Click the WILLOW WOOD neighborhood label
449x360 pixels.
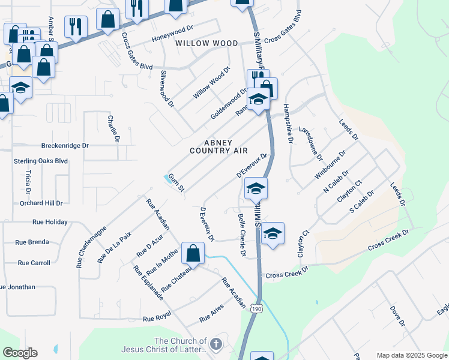click(x=206, y=43)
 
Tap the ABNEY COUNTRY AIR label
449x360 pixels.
click(x=218, y=146)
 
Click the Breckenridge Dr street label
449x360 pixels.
click(x=65, y=146)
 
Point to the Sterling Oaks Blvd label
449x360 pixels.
click(x=41, y=161)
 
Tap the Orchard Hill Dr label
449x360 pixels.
click(x=41, y=203)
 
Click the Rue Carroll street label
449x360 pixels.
click(x=34, y=263)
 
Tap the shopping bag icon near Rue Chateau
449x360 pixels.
click(x=193, y=254)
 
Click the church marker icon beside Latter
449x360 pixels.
click(x=216, y=344)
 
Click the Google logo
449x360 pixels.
click(x=20, y=353)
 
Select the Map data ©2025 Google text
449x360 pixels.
click(x=412, y=355)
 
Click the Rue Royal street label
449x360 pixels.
click(x=157, y=319)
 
